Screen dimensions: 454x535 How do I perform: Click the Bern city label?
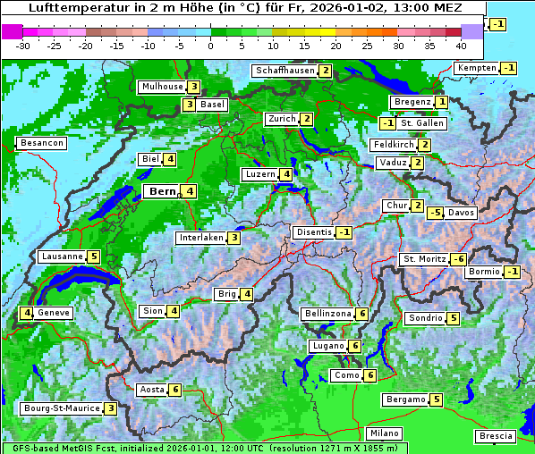[162, 191]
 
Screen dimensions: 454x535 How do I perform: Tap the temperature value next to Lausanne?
[94, 256]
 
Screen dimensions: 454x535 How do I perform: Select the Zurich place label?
[281, 119]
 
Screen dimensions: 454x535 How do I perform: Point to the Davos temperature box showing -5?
[435, 213]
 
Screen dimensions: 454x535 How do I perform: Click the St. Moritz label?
[423, 259]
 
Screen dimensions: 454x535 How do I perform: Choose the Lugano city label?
[327, 346]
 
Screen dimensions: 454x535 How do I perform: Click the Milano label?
[385, 433]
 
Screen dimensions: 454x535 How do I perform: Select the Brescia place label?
[496, 436]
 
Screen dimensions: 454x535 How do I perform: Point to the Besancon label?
[41, 143]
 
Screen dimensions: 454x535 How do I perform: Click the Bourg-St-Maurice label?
[60, 408]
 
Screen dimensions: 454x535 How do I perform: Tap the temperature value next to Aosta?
[175, 390]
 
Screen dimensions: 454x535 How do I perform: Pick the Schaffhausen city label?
[284, 71]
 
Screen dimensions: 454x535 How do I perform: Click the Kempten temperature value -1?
[508, 68]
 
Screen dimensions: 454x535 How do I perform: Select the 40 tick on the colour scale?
[461, 45]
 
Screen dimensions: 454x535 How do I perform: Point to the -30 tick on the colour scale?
[24, 45]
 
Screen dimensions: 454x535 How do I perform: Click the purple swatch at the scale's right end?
[471, 31]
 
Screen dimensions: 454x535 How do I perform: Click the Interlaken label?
[200, 238]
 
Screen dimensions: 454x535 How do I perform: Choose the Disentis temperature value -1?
[344, 232]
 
